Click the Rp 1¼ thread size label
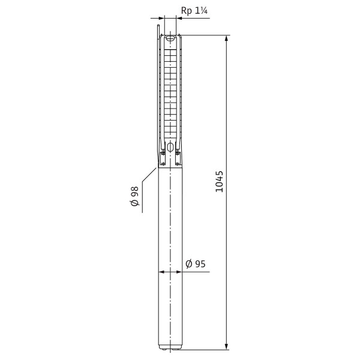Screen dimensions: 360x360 194,11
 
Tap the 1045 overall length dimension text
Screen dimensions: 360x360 220,181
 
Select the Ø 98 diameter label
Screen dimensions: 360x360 135,196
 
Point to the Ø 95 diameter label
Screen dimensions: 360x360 196,264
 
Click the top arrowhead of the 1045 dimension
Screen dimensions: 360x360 227,38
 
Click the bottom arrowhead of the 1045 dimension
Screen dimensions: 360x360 227,347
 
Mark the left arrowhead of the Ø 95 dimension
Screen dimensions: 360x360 162,272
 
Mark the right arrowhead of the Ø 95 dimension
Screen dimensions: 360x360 179,272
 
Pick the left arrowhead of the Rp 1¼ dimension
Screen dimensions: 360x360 161,18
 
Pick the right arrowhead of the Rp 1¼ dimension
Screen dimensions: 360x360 179,18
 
